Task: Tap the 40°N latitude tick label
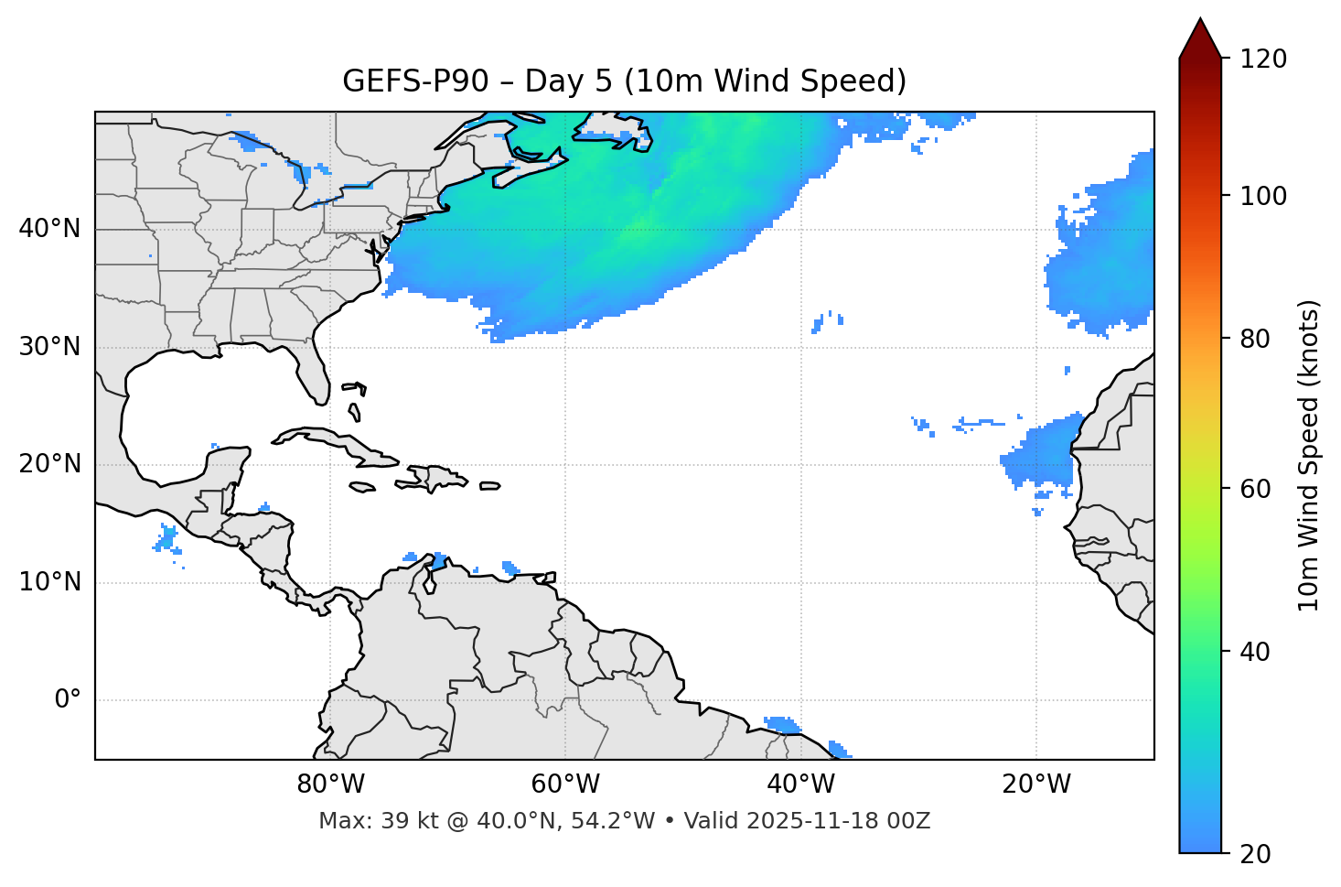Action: coord(49,229)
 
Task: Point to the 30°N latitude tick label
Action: coord(49,347)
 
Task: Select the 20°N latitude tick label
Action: coord(49,464)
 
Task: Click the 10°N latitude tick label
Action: coord(49,582)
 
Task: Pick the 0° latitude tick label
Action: coord(68,700)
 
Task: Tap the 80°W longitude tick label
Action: coord(330,784)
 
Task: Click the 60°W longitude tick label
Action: coord(565,784)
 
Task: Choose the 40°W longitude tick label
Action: coord(800,784)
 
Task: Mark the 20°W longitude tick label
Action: coord(1036,784)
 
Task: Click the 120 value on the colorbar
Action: coord(1263,59)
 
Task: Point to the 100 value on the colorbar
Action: coord(1263,196)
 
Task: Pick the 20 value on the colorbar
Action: coord(1256,854)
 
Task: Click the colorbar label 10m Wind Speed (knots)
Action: coord(1309,455)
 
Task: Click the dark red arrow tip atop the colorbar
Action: coord(1200,35)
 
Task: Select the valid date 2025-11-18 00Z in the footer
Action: coord(838,821)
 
